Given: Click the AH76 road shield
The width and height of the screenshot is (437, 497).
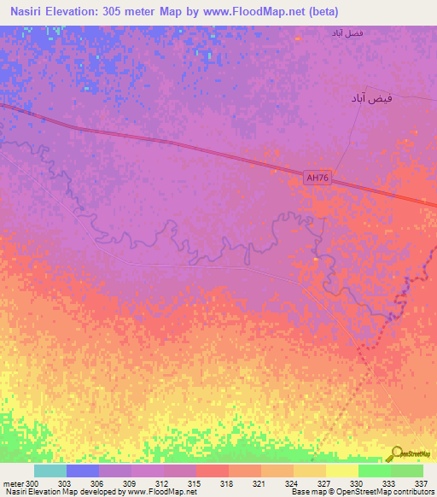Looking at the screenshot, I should click(x=318, y=178).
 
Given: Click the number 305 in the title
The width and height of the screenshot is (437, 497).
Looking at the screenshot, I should click(x=136, y=12).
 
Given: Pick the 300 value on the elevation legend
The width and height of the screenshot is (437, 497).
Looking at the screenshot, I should click(x=32, y=483).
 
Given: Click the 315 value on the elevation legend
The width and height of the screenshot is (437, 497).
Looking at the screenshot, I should click(x=195, y=483).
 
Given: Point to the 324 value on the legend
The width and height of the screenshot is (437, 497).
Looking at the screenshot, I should click(x=293, y=483).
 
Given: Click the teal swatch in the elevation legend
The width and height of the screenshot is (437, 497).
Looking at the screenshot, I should click(x=50, y=471).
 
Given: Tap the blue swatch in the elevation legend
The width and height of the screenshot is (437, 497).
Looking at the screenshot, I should click(x=83, y=471).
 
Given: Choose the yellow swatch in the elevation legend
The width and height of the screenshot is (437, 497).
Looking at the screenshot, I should click(x=342, y=471).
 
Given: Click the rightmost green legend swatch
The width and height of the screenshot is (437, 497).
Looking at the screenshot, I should click(x=407, y=471).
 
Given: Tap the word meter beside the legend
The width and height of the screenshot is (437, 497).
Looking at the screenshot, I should click(x=13, y=483).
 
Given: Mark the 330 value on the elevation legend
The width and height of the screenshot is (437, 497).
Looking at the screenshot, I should click(x=358, y=483).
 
